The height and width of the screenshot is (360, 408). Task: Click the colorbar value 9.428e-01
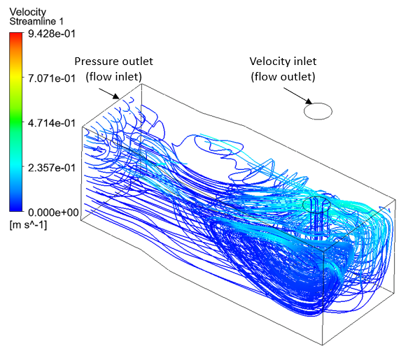(x=52, y=34)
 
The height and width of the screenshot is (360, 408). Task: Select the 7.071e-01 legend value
(x=52, y=78)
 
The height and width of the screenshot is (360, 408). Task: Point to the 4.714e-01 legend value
(x=52, y=123)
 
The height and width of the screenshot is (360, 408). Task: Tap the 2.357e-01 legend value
(x=52, y=168)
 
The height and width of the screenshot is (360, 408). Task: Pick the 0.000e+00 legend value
(x=53, y=213)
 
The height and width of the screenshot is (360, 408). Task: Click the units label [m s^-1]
(x=28, y=225)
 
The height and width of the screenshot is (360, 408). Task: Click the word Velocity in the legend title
(x=27, y=12)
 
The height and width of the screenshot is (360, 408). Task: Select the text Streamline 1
(x=36, y=21)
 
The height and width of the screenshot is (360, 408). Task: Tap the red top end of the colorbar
(x=16, y=34)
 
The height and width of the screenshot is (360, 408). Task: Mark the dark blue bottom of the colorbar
(x=16, y=209)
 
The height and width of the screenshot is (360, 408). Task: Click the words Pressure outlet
(x=113, y=62)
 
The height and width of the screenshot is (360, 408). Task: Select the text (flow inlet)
(x=114, y=77)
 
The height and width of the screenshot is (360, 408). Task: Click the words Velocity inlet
(x=283, y=62)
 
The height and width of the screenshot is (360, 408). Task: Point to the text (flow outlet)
(x=283, y=77)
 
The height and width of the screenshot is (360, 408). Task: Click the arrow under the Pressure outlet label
(x=108, y=94)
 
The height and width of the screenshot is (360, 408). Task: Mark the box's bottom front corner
(x=323, y=345)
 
